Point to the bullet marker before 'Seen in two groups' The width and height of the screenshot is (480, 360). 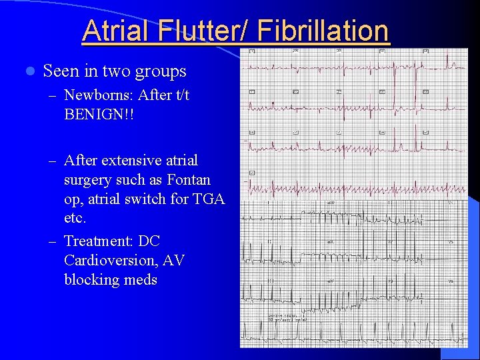(x=27, y=71)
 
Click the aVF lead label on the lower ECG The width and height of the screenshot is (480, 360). (x=330, y=281)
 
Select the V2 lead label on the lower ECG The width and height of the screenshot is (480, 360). (x=391, y=241)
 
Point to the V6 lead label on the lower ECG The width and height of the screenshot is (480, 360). (x=450, y=281)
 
